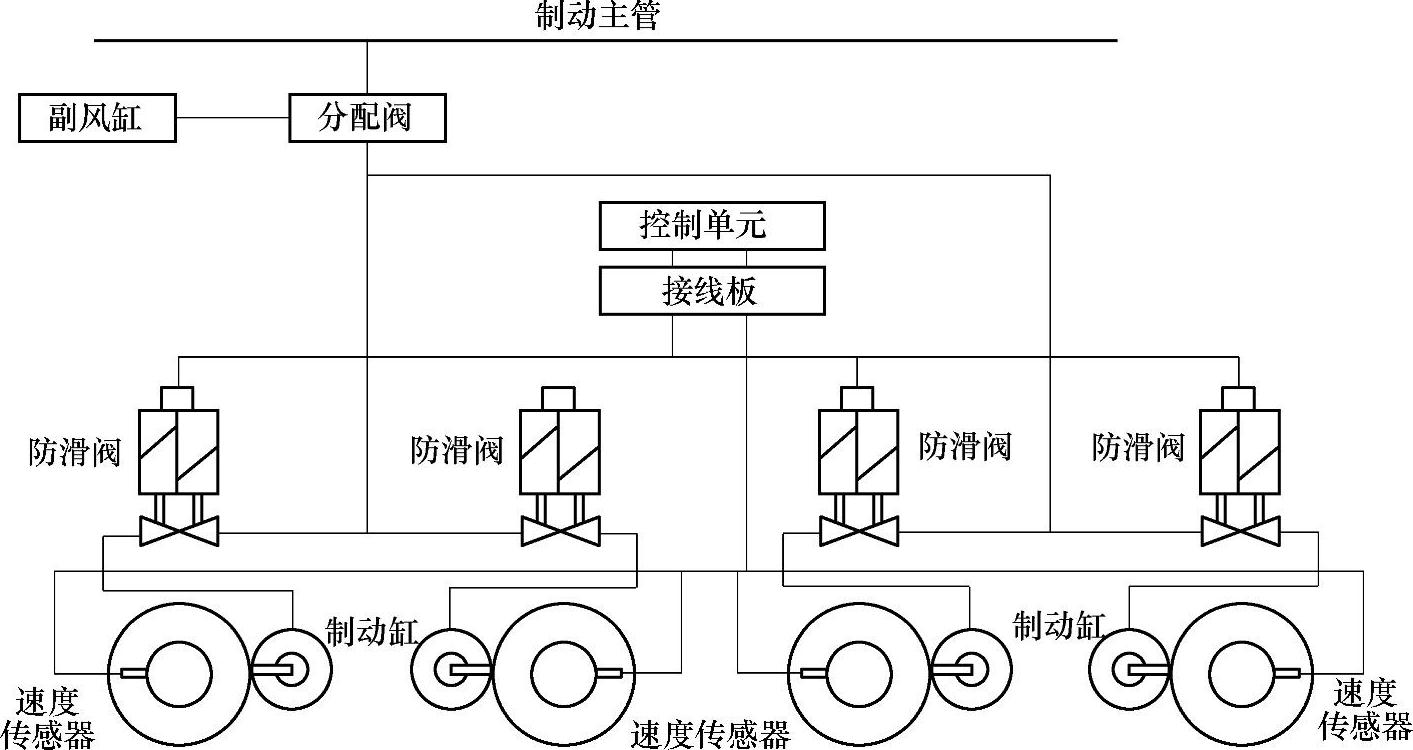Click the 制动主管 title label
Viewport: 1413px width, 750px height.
pyautogui.click(x=598, y=15)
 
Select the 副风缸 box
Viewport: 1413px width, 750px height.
pyautogui.click(x=97, y=118)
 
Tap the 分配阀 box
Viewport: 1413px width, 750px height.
pyautogui.click(x=366, y=118)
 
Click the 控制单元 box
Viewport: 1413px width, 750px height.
pyautogui.click(x=711, y=226)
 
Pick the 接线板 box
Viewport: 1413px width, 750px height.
pyautogui.click(x=711, y=291)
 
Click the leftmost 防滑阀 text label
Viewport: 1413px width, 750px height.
pyautogui.click(x=74, y=452)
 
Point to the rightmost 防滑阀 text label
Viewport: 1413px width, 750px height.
pyautogui.click(x=1138, y=446)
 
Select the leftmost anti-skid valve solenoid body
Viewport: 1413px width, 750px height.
pyautogui.click(x=178, y=451)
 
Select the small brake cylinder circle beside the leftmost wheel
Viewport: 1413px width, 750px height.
pyautogui.click(x=291, y=670)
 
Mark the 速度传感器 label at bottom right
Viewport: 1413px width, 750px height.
pyautogui.click(x=1364, y=710)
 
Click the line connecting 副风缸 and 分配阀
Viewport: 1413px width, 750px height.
pyautogui.click(x=232, y=118)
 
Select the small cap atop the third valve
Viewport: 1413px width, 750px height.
pyautogui.click(x=857, y=398)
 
